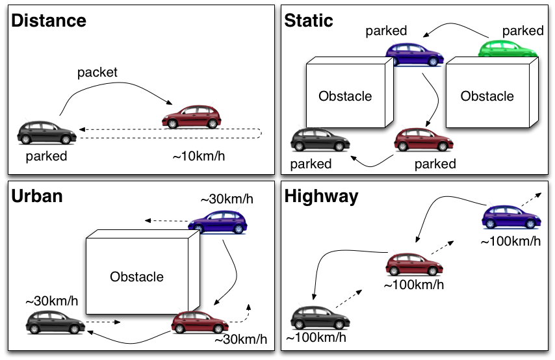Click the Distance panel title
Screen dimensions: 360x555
(49, 20)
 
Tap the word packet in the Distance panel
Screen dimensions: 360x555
(97, 72)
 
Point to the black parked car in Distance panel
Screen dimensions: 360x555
(47, 132)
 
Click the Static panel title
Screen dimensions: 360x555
(309, 20)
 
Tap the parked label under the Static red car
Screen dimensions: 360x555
(435, 164)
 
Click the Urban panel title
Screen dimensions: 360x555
(37, 196)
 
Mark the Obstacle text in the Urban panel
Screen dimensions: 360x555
(136, 276)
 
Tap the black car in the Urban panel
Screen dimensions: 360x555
(55, 320)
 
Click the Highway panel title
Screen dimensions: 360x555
(321, 196)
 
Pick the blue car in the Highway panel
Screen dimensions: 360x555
(512, 216)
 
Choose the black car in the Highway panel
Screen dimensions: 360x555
(320, 316)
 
